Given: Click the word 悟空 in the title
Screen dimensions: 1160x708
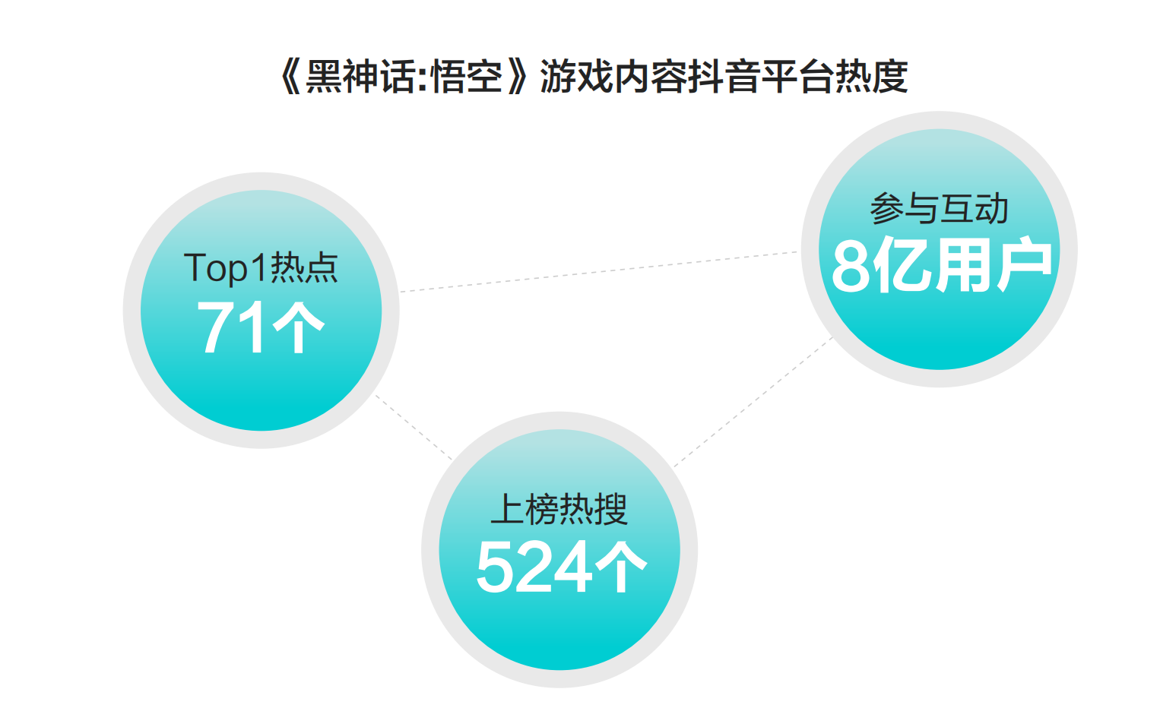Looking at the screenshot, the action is pyautogui.click(x=467, y=77).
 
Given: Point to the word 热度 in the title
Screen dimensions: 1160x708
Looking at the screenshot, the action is pyautogui.click(x=873, y=77).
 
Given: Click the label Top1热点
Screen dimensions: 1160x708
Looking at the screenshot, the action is pyautogui.click(x=261, y=268).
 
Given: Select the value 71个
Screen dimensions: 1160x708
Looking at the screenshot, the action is pyautogui.click(x=261, y=327).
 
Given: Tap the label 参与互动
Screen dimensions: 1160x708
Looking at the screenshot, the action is pyautogui.click(x=939, y=209).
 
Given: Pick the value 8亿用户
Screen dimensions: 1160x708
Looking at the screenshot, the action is pyautogui.click(x=942, y=265).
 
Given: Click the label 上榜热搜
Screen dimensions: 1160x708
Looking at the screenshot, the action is pyautogui.click(x=559, y=509).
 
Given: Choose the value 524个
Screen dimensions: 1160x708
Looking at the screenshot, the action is pyautogui.click(x=561, y=567).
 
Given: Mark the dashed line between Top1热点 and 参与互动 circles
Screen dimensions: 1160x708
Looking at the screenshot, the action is pyautogui.click(x=599, y=272).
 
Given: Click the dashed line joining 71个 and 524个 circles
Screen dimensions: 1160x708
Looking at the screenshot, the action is pyautogui.click(x=414, y=428).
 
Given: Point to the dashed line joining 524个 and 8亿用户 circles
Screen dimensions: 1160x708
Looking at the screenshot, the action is pyautogui.click(x=753, y=402).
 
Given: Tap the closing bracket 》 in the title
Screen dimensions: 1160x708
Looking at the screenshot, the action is pyautogui.click(x=518, y=77).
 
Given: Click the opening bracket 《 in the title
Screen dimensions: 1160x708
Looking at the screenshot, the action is pyautogui.click(x=291, y=77).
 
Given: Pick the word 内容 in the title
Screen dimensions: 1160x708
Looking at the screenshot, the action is pyautogui.click(x=651, y=77).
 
